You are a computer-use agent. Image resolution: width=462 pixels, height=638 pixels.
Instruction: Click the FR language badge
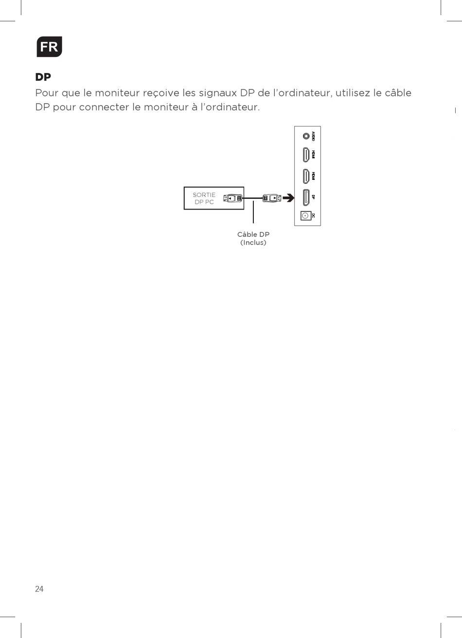point(49,47)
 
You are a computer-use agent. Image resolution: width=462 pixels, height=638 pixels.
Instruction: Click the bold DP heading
point(43,77)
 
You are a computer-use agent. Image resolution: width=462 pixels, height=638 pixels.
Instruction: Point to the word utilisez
point(353,93)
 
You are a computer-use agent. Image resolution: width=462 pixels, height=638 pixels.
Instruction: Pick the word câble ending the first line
point(398,93)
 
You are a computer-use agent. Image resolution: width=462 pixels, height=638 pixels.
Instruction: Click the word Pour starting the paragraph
point(47,93)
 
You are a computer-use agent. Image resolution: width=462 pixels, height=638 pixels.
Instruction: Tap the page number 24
point(39,589)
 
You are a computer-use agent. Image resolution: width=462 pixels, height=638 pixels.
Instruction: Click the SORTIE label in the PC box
point(204,195)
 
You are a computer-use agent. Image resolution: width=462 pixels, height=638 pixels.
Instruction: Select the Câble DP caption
point(253,234)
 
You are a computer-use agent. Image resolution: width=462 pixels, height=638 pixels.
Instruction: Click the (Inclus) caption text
point(253,243)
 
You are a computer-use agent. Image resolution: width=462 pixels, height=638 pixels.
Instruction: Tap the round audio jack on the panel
point(306,136)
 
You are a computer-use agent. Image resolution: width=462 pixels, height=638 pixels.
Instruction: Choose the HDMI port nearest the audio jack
point(306,155)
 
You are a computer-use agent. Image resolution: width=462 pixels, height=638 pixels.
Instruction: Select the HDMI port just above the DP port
point(306,176)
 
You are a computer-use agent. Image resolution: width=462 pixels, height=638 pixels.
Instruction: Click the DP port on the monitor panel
point(306,197)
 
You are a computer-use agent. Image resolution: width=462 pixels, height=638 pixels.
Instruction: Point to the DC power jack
point(305,215)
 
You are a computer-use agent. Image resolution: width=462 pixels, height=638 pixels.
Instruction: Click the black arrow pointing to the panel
point(289,198)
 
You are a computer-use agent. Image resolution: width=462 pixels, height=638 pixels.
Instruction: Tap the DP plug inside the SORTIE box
point(233,198)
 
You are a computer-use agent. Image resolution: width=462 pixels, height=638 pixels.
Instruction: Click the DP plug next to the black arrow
point(271,198)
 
